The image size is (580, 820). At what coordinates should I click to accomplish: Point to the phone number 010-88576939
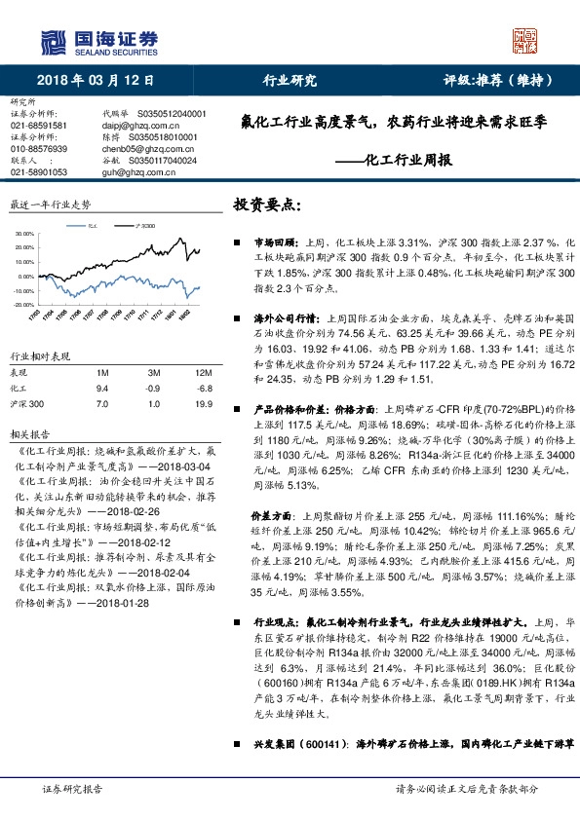tap(39, 149)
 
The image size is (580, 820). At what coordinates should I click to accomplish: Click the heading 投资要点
tap(268, 205)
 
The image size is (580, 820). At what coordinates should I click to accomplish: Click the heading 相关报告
tap(27, 432)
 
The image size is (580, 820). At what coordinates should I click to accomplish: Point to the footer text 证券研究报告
tap(73, 790)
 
